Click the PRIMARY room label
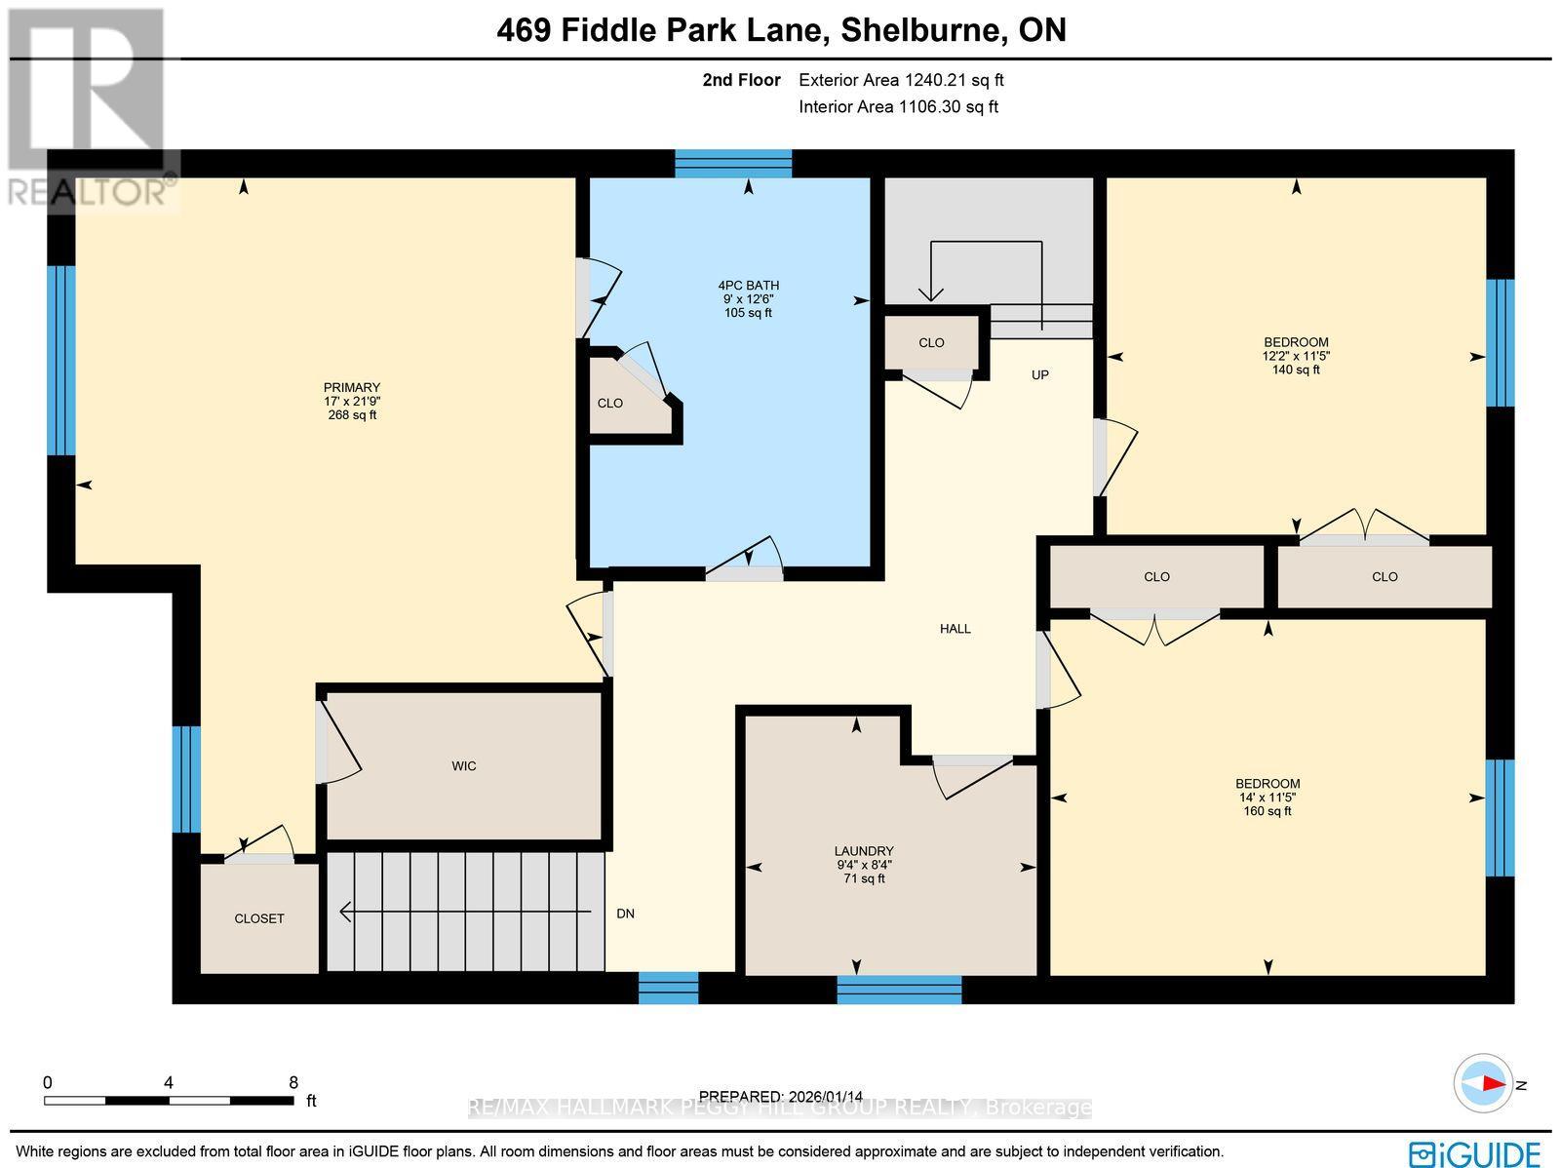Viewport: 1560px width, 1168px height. pyautogui.click(x=352, y=387)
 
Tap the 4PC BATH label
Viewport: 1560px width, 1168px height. pyautogui.click(x=748, y=286)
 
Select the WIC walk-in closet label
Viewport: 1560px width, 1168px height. pyautogui.click(x=464, y=766)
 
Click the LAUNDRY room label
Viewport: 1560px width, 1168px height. pyautogui.click(x=864, y=851)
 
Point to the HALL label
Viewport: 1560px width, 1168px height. pyautogui.click(x=955, y=629)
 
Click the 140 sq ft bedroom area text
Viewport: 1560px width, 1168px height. pyautogui.click(x=1296, y=370)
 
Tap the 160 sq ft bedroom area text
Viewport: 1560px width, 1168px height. pyautogui.click(x=1267, y=811)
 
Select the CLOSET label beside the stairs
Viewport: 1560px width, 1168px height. pyautogui.click(x=259, y=918)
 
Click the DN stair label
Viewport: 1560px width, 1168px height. pyautogui.click(x=625, y=914)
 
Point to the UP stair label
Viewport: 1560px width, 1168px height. pyautogui.click(x=1040, y=375)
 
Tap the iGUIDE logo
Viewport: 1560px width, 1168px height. pyautogui.click(x=1474, y=1153)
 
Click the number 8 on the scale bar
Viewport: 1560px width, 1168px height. pyautogui.click(x=292, y=1082)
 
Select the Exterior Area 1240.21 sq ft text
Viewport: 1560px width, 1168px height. pyautogui.click(x=901, y=81)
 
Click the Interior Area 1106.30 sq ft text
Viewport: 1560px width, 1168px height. pyautogui.click(x=898, y=107)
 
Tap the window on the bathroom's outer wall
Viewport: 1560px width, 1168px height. pyautogui.click(x=733, y=163)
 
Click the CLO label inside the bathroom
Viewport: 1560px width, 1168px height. pyautogui.click(x=610, y=404)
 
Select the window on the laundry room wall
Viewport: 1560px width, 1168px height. pyautogui.click(x=899, y=989)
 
